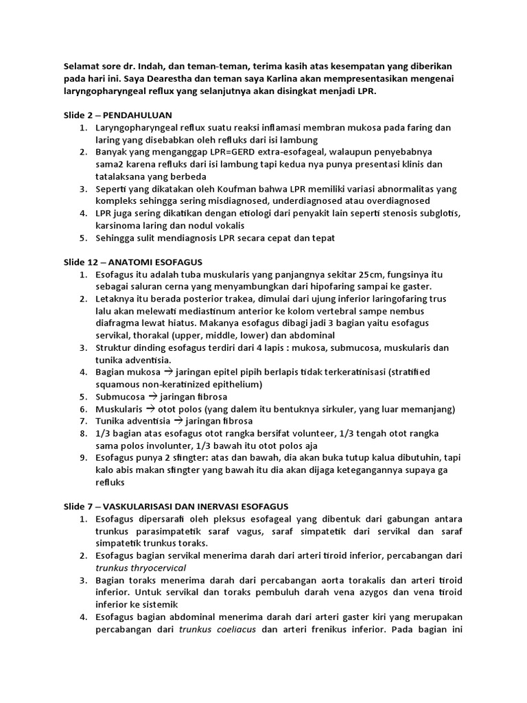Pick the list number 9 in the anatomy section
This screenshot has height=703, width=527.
coord(82,458)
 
